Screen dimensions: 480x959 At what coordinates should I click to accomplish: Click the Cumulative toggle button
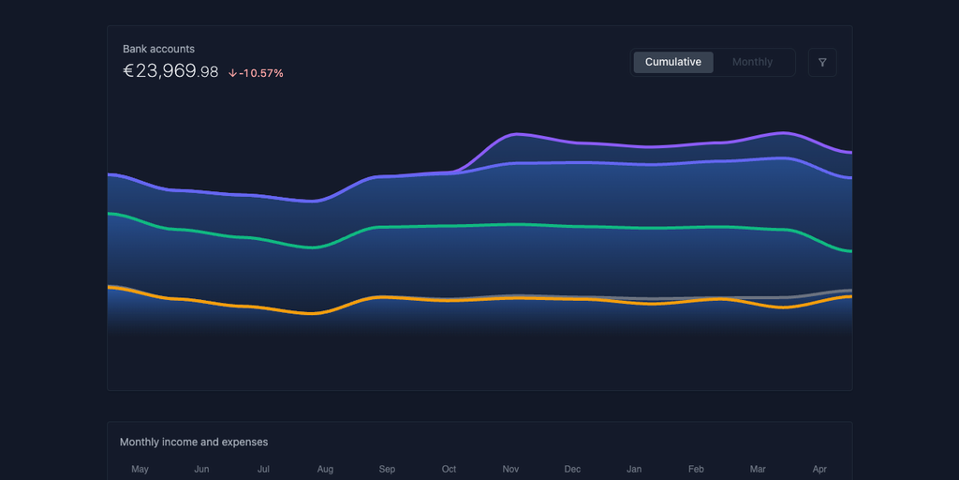pyautogui.click(x=673, y=62)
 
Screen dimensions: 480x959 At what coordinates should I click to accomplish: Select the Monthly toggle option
pyautogui.click(x=752, y=62)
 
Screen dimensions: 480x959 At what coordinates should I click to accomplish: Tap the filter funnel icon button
pyautogui.click(x=822, y=63)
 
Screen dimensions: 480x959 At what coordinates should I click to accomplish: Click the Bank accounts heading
pyautogui.click(x=159, y=49)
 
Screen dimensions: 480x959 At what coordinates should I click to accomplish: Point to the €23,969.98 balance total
pyautogui.click(x=170, y=71)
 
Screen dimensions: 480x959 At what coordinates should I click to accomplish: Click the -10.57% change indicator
pyautogui.click(x=261, y=73)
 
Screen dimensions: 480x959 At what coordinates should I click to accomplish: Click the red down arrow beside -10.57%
pyautogui.click(x=232, y=73)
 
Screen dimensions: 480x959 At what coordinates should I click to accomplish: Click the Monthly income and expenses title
pyautogui.click(x=194, y=442)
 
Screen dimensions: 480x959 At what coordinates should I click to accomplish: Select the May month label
pyautogui.click(x=140, y=469)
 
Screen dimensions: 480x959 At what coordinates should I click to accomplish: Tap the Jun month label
pyautogui.click(x=201, y=469)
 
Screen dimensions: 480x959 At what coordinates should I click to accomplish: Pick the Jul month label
pyautogui.click(x=263, y=469)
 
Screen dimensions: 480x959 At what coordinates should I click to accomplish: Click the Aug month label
pyautogui.click(x=325, y=469)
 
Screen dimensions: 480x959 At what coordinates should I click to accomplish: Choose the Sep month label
pyautogui.click(x=387, y=469)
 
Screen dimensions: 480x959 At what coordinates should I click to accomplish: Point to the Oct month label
pyautogui.click(x=449, y=469)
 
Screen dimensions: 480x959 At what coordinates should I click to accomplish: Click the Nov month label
pyautogui.click(x=510, y=469)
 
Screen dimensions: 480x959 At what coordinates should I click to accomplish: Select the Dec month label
pyautogui.click(x=572, y=469)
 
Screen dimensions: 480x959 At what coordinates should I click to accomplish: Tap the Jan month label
pyautogui.click(x=634, y=469)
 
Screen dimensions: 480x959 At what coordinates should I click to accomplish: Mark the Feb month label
pyautogui.click(x=696, y=469)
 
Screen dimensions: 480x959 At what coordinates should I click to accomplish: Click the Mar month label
pyautogui.click(x=758, y=469)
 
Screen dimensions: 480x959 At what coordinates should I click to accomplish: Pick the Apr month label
pyautogui.click(x=819, y=469)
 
